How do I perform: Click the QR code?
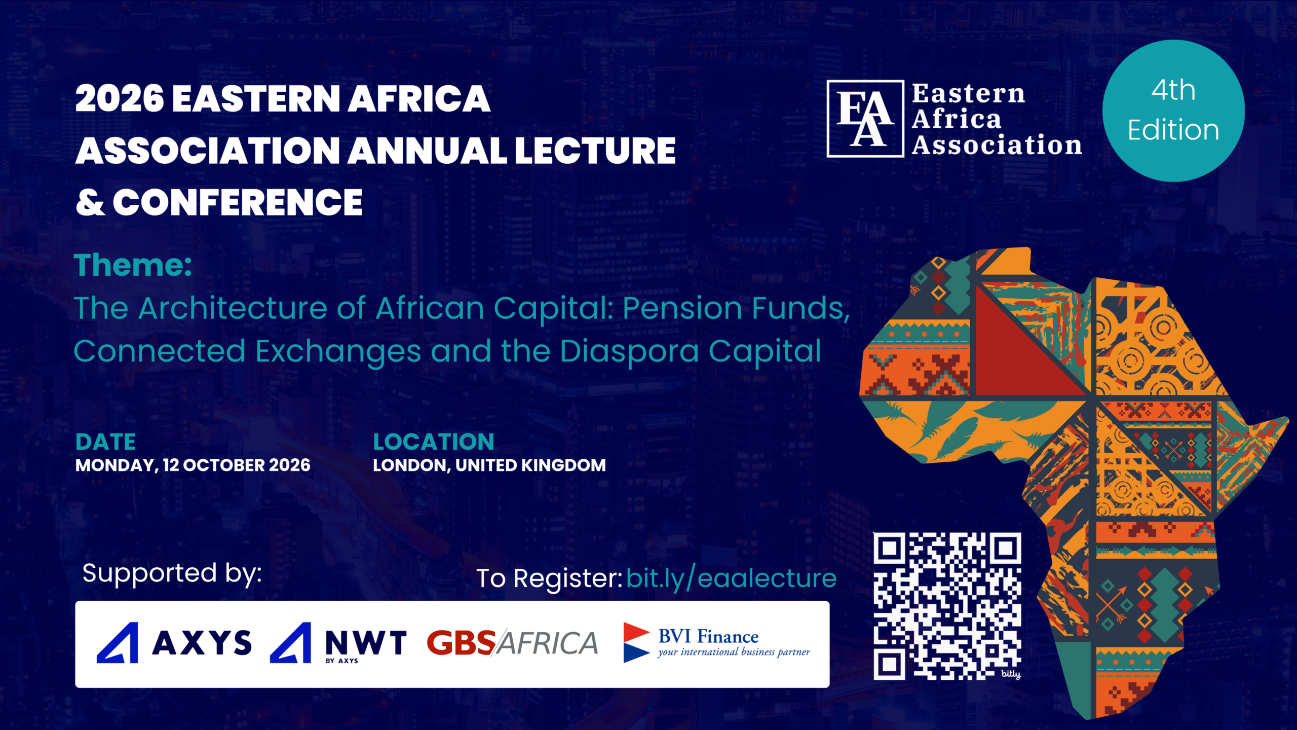coord(947,606)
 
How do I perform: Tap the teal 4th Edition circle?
coord(1173,111)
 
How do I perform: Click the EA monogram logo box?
coord(865,119)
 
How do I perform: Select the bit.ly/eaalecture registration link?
coord(731,578)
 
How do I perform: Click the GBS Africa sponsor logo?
coord(512,643)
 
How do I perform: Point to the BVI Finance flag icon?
coord(637,642)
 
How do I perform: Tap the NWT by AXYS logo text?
coord(365,645)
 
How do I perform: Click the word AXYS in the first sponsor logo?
coord(202,643)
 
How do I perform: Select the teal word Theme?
coord(133,265)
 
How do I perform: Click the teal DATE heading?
coord(105,442)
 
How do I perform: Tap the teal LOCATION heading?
coord(434,442)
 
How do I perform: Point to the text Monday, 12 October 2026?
coord(193,465)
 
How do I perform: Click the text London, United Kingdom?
coord(489,465)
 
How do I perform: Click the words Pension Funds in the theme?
coord(736,308)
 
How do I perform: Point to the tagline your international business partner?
coord(734,652)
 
